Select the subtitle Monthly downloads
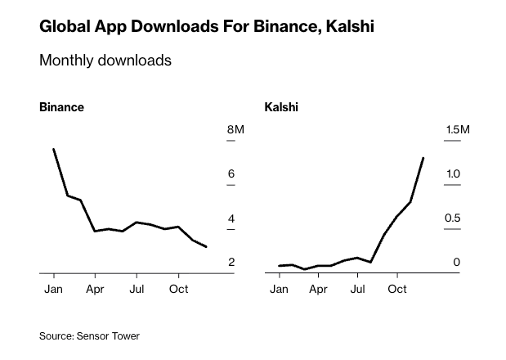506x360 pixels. click(105, 61)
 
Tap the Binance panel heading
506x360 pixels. click(61, 107)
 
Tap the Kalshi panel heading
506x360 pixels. click(281, 107)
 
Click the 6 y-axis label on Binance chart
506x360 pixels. click(231, 174)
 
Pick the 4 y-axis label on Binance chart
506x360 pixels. click(231, 218)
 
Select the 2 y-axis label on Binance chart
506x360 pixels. click(231, 263)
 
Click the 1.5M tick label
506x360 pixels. click(458, 130)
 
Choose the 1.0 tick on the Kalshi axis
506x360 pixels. click(453, 174)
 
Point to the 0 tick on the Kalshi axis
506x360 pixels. click(457, 263)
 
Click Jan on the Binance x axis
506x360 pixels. click(53, 290)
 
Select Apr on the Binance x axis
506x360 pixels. click(95, 290)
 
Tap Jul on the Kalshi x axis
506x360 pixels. click(357, 290)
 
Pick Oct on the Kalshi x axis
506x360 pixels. click(397, 290)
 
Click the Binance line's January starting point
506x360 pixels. click(53, 149)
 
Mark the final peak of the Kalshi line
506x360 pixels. click(423, 158)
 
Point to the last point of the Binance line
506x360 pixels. click(206, 246)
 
